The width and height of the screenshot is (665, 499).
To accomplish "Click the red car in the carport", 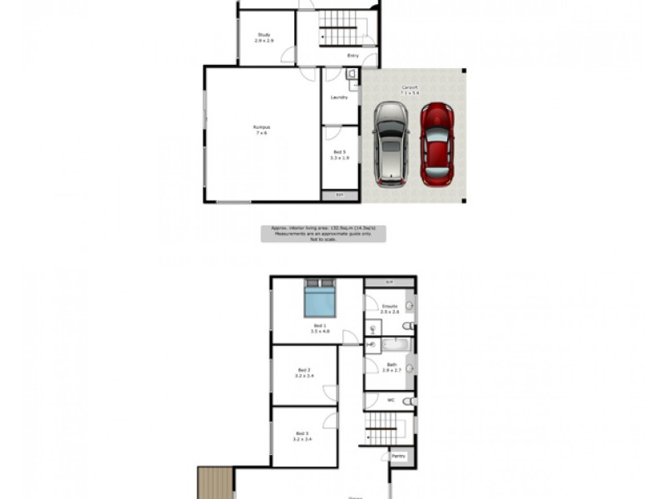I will tap(437, 144).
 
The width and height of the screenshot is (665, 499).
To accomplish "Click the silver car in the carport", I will tap(389, 144).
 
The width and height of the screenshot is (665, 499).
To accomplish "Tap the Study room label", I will tap(264, 37).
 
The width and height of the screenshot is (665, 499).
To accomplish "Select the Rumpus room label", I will tap(262, 129).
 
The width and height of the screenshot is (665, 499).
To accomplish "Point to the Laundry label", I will tap(339, 97).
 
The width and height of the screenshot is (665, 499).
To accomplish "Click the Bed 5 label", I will tap(339, 154).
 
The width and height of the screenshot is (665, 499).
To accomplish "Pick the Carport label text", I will tap(409, 89).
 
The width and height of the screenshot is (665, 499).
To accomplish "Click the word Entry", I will tap(353, 57).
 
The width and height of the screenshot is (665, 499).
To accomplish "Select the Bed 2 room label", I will tap(303, 373).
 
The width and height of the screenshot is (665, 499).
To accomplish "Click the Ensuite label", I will tap(389, 309).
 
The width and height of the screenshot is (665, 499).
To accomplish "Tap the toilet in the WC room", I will tap(408, 401).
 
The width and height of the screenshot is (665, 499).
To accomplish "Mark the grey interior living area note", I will tap(324, 233).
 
